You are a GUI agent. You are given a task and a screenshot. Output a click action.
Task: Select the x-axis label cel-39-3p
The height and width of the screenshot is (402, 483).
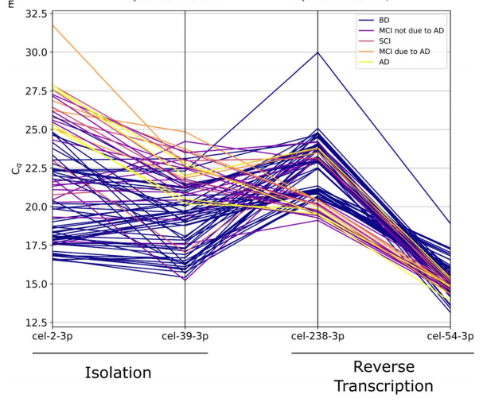185,336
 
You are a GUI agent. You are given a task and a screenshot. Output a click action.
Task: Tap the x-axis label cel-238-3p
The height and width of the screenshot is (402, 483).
317,336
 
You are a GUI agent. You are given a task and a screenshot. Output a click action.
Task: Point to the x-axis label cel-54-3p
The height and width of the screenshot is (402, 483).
450,336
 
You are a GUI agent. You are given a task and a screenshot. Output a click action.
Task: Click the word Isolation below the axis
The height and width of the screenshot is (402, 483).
118,372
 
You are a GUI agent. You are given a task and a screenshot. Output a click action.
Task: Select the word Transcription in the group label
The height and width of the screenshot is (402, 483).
384,386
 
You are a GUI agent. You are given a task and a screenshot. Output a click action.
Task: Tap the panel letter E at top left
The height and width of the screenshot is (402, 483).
10,4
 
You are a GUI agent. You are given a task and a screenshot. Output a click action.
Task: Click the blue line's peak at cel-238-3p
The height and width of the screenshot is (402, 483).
318,52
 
